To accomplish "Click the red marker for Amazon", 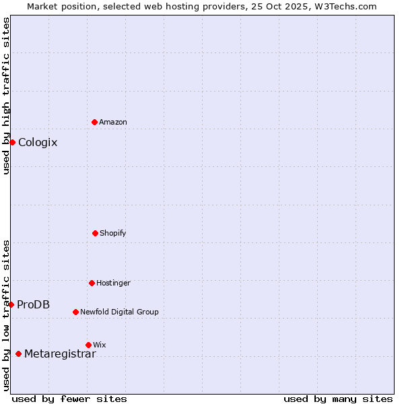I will (94, 122).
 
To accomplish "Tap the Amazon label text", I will (113, 123).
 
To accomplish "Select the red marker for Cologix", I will (12, 142).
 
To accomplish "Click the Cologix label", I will (38, 143).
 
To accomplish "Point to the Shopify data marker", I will (95, 233).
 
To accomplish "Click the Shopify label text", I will (113, 234).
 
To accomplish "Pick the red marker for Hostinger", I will (92, 283).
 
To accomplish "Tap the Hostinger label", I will (113, 283).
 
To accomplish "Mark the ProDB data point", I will (11, 304).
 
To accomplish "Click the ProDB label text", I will (33, 305).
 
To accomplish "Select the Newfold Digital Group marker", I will (75, 312).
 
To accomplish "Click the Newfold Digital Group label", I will (119, 312).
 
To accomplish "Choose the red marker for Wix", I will (88, 345).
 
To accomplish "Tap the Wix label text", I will (100, 345).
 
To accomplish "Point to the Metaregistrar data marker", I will (18, 353).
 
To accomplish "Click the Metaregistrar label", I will (60, 354).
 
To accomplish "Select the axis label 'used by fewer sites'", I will (69, 399).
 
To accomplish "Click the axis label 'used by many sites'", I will (338, 399).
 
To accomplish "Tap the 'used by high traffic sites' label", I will (6, 96).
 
